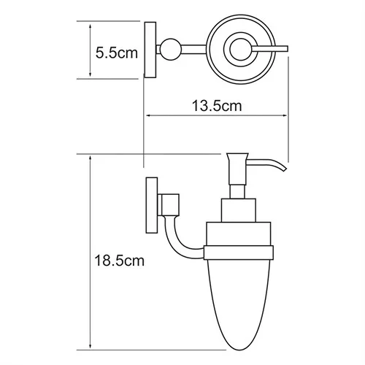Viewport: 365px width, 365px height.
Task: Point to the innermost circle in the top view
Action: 238,50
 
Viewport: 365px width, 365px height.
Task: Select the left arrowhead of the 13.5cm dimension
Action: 149,115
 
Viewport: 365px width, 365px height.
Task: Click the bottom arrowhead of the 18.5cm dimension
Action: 90,347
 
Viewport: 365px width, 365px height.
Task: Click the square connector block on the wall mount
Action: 169,201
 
